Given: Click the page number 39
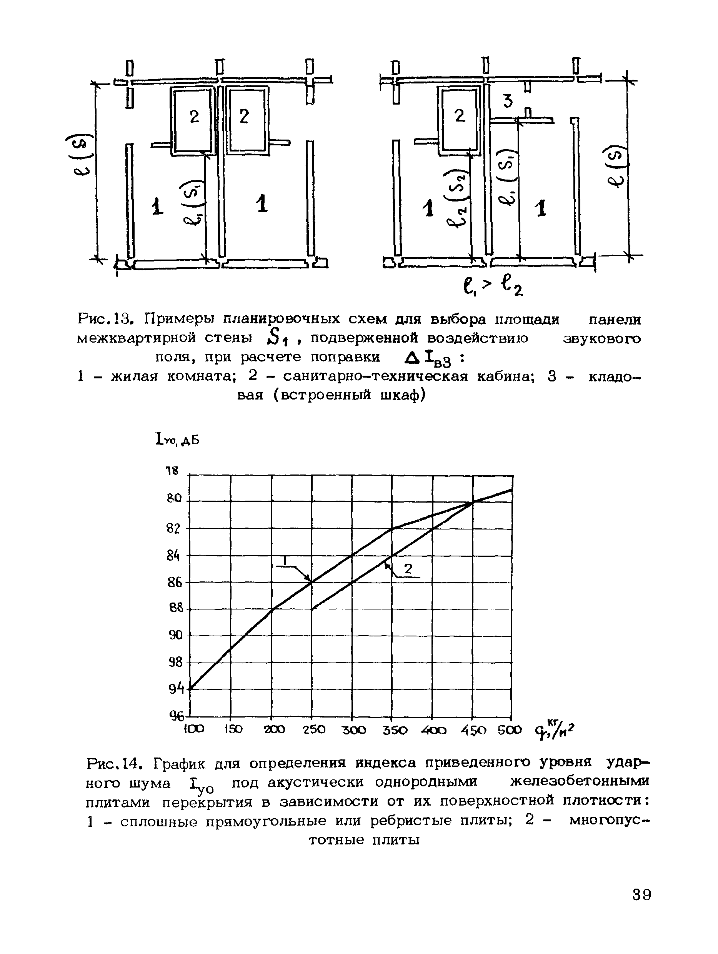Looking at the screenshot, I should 641,895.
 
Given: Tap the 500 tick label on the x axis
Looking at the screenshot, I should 509,730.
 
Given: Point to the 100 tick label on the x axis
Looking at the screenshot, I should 193,729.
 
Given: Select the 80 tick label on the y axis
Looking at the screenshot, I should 175,499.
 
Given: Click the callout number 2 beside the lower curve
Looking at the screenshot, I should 408,569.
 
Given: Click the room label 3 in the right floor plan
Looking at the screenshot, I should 508,101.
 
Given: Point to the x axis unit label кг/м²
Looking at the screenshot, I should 555,730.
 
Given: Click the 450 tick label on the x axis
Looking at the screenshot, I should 473,730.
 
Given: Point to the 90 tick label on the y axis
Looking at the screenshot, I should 175,635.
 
